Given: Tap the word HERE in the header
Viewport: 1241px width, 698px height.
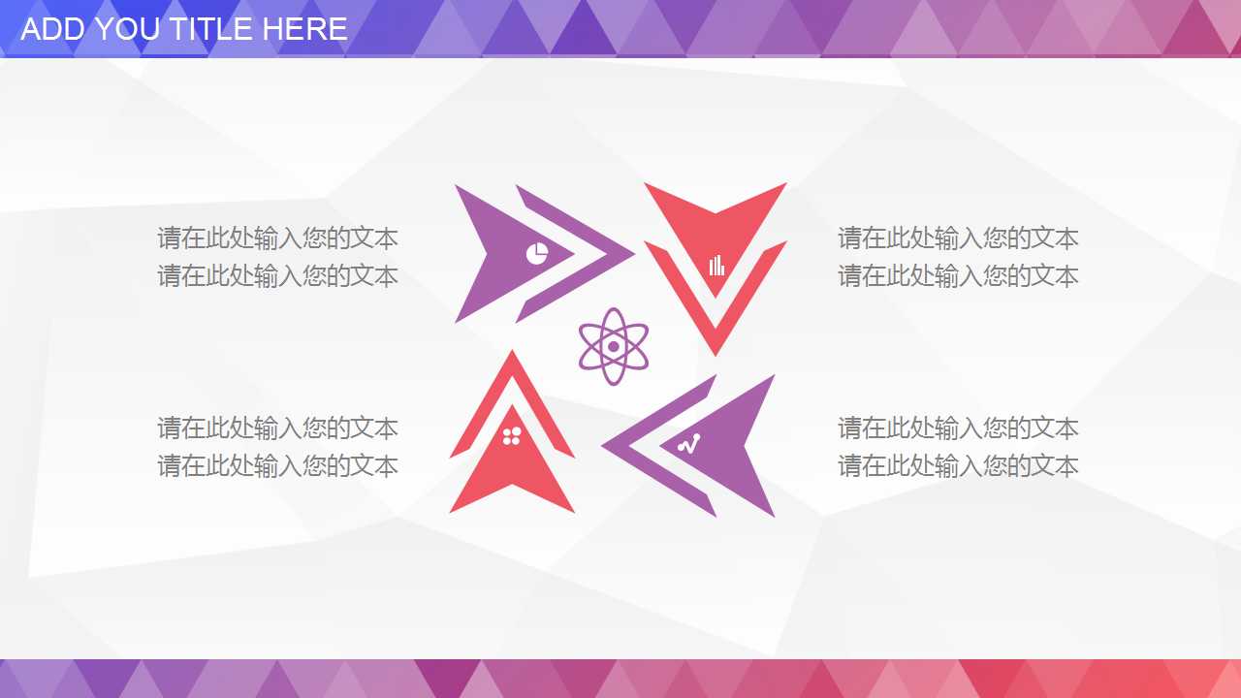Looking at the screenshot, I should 305,29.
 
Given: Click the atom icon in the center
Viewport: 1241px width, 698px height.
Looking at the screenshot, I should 613,346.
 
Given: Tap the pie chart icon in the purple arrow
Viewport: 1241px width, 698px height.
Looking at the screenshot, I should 537,254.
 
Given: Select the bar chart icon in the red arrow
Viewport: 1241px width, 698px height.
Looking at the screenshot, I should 716,265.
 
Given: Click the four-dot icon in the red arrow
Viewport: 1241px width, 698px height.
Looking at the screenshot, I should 512,436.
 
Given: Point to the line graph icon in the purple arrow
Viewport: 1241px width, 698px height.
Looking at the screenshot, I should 688,445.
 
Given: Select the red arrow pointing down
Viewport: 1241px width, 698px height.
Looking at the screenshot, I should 716,233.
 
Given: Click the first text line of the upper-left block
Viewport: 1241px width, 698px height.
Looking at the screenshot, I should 277,238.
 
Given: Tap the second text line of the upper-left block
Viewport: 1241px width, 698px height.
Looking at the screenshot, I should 277,276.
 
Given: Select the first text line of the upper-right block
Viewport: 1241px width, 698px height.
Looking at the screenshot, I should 958,238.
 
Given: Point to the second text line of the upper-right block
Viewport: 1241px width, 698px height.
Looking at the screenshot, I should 958,276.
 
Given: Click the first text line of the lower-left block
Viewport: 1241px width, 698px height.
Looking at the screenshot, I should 277,428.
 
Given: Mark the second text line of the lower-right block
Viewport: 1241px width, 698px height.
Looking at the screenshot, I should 958,466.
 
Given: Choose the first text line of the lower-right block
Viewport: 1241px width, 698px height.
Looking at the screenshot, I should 958,428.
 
